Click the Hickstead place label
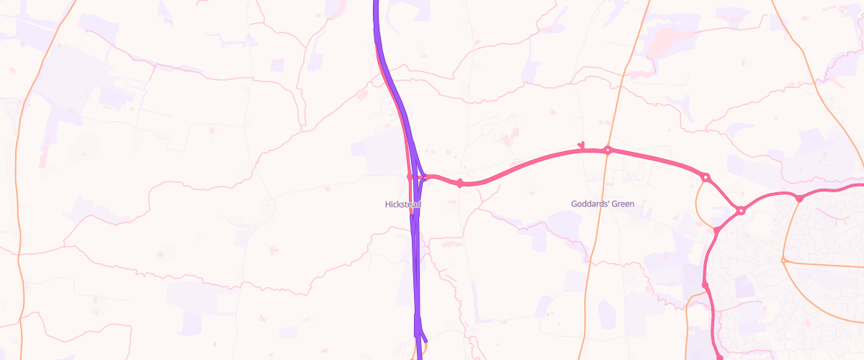pyautogui.click(x=402, y=204)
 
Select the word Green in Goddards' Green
pyautogui.click(x=623, y=204)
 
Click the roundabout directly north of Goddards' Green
pyautogui.click(x=608, y=150)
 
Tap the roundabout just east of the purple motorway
pyautogui.click(x=426, y=177)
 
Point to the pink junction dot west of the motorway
pyautogui.click(x=410, y=176)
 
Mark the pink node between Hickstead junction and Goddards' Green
pyautogui.click(x=459, y=183)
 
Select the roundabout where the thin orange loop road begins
pyautogui.click(x=706, y=177)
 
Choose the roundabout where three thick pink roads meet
pyautogui.click(x=740, y=210)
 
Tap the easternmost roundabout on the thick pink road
pyautogui.click(x=799, y=199)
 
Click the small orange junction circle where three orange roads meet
pyautogui.click(x=783, y=260)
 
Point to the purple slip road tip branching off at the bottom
pyautogui.click(x=426, y=339)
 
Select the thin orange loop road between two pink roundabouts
pyautogui.click(x=698, y=205)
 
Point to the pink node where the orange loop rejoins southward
pyautogui.click(x=716, y=230)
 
